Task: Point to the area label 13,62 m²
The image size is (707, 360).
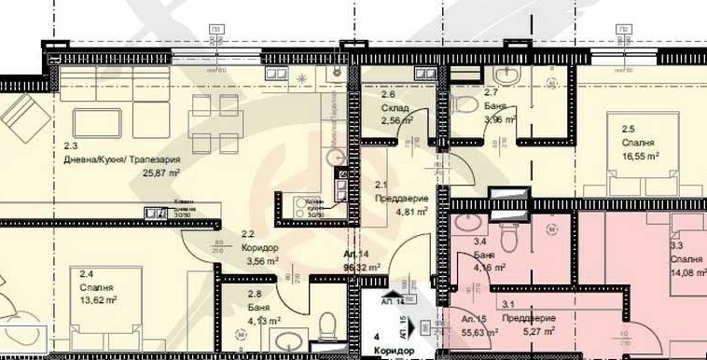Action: (x=97, y=300)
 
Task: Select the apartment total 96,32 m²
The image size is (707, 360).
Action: (x=362, y=267)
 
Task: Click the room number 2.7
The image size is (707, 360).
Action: (x=492, y=93)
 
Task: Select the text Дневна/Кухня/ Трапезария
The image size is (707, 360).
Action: (x=123, y=159)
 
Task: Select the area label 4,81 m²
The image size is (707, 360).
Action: (x=411, y=211)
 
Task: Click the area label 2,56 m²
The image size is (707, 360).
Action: (x=396, y=120)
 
